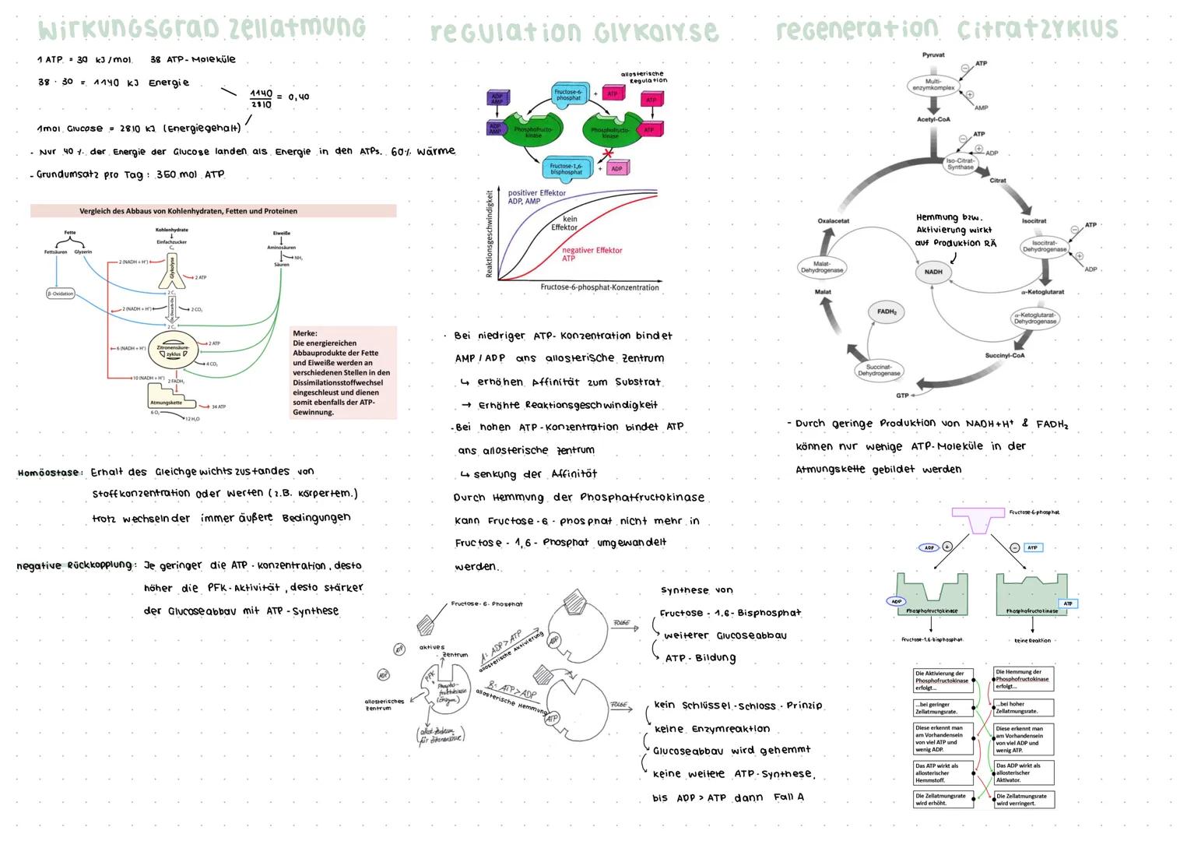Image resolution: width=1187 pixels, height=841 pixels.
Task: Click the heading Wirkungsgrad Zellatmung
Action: coord(201,28)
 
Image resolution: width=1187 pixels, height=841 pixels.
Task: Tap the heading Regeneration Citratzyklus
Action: coord(946,30)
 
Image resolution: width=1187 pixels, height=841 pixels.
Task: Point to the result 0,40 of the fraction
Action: coord(298,97)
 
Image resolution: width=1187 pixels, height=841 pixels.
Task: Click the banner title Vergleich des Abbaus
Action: coord(188,211)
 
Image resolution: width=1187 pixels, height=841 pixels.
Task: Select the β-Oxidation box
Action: coord(60,294)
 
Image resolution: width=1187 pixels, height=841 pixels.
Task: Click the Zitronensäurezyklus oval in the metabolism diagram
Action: coord(173,351)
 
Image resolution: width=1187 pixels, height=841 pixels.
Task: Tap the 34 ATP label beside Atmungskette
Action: coord(219,406)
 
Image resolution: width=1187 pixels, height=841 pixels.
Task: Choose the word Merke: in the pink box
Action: coord(305,333)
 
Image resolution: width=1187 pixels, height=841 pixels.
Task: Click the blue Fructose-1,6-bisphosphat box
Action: coord(566,169)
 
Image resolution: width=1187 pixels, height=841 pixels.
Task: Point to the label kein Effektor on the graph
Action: coord(565,223)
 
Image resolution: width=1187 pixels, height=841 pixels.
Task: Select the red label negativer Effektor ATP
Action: coord(592,254)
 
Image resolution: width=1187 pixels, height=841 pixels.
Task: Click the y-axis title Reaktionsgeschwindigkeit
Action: coord(490,234)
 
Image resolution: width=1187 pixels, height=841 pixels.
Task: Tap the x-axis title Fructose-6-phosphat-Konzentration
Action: coord(599,287)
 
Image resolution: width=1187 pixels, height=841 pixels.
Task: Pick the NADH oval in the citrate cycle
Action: coord(933,272)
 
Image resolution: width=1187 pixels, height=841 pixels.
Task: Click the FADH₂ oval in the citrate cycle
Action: coord(887,311)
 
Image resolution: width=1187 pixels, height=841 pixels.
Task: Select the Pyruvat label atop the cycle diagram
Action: coord(933,55)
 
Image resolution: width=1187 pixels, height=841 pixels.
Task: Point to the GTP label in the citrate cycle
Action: coord(902,396)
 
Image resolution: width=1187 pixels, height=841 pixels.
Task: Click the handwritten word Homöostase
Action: coord(48,473)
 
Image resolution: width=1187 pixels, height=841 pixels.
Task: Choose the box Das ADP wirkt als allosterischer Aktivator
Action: coord(1024,772)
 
